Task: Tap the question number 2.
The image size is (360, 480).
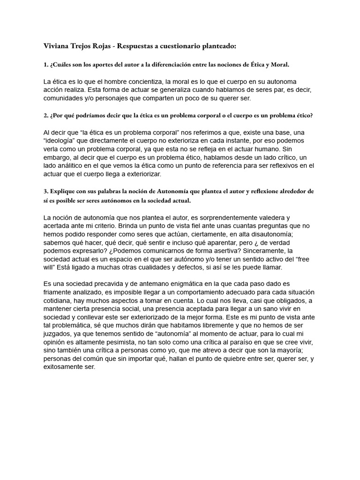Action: tap(45, 115)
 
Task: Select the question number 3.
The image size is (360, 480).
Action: tap(45, 191)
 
